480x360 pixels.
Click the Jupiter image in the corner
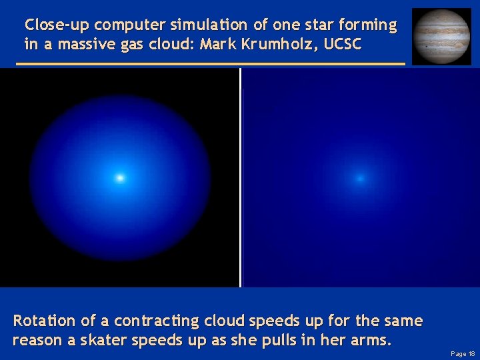pyautogui.click(x=441, y=36)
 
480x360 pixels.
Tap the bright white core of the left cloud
pyautogui.click(x=120, y=178)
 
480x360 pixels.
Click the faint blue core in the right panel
pyautogui.click(x=360, y=178)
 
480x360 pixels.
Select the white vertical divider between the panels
pyautogui.click(x=240, y=177)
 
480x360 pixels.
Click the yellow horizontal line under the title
pyautogui.click(x=210, y=64)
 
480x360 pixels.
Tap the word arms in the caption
pyautogui.click(x=374, y=340)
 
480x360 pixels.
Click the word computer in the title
pyautogui.click(x=131, y=25)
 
